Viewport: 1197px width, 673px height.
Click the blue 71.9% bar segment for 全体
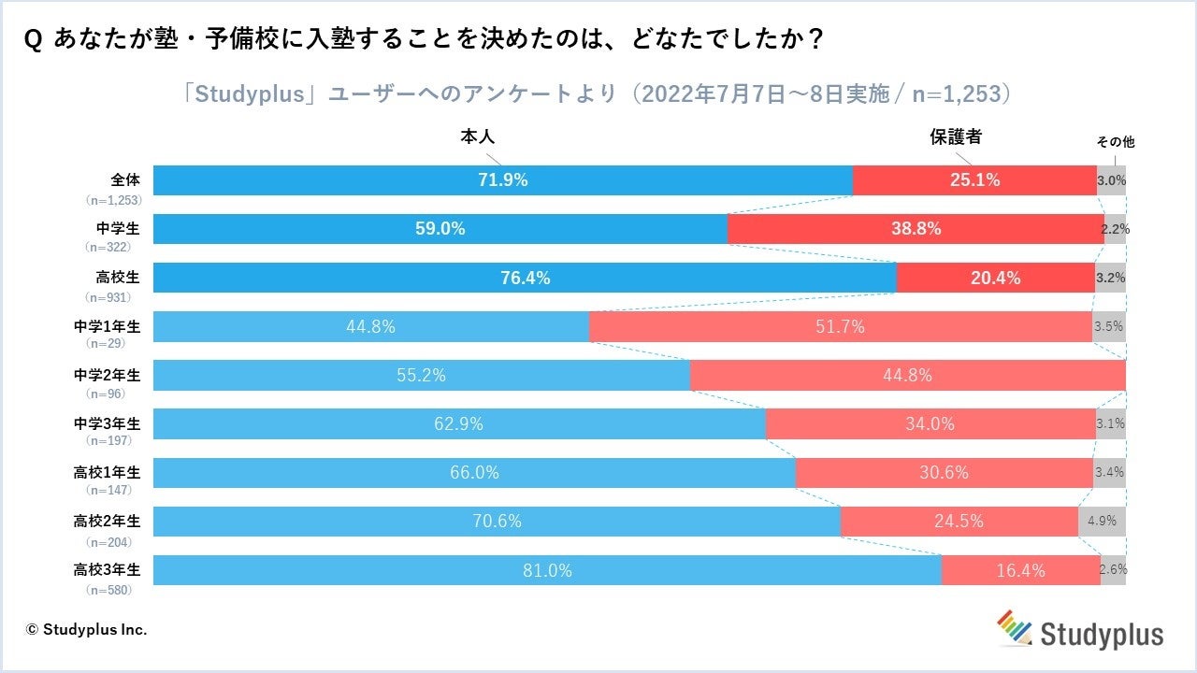pos(503,180)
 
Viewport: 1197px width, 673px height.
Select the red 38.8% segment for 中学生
pos(916,229)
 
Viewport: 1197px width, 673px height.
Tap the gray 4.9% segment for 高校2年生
pos(1102,522)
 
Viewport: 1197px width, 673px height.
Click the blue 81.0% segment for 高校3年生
pos(547,570)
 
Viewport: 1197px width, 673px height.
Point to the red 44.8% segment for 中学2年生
pos(907,376)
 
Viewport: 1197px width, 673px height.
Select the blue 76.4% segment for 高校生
pos(525,278)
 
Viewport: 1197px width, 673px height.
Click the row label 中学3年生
pos(107,423)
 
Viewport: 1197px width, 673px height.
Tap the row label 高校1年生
pos(107,472)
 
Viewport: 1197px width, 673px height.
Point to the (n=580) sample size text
pos(108,590)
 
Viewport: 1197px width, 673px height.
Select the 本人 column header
pos(477,136)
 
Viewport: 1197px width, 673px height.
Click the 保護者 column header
pos(956,136)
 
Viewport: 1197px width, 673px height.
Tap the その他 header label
pos(1115,142)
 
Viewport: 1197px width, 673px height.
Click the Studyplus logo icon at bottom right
pos(1013,627)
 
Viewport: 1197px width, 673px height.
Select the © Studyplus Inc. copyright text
pos(87,629)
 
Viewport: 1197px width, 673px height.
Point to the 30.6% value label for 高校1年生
pos(944,473)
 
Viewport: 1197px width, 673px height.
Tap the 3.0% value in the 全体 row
pos(1111,180)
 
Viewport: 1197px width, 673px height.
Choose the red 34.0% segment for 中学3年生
pos(930,424)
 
